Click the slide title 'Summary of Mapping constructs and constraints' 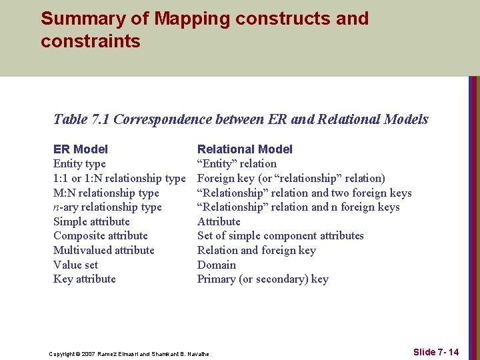point(204,29)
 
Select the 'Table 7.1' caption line point(241,119)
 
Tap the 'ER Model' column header point(80,149)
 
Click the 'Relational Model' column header point(245,149)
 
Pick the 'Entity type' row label point(79,164)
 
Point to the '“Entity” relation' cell point(237,164)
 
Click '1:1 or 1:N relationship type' point(119,178)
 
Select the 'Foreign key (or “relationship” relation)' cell point(291,178)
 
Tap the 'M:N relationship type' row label point(106,193)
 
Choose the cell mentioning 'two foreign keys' point(305,193)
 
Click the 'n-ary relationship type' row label point(107,207)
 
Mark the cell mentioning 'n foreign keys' point(299,207)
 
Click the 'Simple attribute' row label point(91,221)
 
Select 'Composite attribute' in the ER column point(101,236)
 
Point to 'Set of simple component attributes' point(281,236)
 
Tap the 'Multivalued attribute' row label point(103,251)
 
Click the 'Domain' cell point(217,265)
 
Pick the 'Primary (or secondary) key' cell point(263,279)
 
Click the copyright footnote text point(129,353)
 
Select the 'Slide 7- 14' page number point(436,352)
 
